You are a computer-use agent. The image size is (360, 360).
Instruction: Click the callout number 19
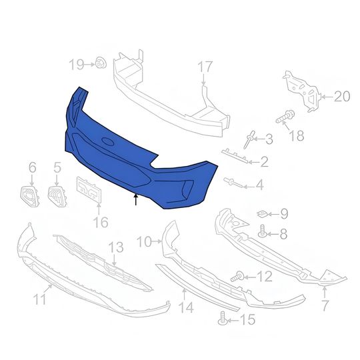pos(75,64)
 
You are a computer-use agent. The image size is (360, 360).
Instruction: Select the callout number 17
pos(204,67)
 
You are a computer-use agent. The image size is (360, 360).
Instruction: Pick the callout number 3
pos(269,139)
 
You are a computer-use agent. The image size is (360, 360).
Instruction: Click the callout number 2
pos(265,161)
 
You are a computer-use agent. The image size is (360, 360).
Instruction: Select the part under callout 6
pos(29,195)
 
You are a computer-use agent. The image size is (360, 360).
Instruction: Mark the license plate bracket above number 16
pos(89,191)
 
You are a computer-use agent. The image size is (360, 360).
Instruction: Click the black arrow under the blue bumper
pos(137,199)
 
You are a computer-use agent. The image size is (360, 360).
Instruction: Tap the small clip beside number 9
pos(263,213)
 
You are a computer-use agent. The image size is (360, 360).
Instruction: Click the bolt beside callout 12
pos(236,275)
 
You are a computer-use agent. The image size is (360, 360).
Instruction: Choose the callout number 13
pos(116,247)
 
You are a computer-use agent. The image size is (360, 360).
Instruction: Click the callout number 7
pos(325,306)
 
